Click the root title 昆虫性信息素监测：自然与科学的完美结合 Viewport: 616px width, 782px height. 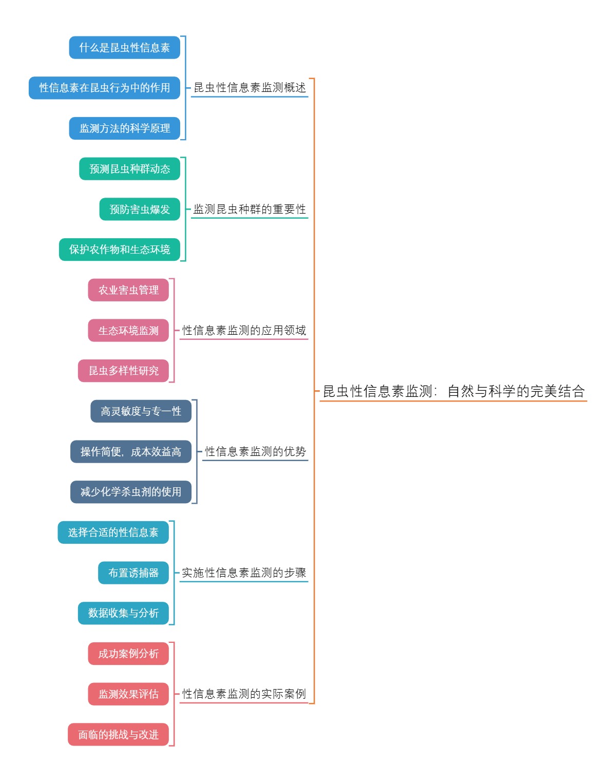click(453, 391)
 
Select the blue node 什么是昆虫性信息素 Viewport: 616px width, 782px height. click(125, 48)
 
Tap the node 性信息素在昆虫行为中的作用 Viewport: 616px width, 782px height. click(105, 88)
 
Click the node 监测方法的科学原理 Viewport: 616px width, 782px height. click(125, 128)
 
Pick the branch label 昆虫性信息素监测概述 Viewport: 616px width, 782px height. click(249, 88)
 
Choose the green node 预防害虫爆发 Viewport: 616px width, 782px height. click(140, 209)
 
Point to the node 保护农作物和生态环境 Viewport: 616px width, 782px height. click(120, 250)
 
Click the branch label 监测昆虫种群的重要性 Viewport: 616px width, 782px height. click(249, 209)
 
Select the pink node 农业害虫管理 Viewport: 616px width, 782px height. click(128, 290)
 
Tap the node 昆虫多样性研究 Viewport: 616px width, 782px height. click(124, 371)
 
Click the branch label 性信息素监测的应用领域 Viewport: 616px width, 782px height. click(244, 331)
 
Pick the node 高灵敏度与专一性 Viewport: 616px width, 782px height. click(141, 411)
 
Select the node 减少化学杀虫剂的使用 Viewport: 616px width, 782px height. click(131, 492)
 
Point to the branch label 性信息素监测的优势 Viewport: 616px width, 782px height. click(255, 452)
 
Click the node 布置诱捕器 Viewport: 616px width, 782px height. click(133, 573)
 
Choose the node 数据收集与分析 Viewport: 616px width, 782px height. click(123, 613)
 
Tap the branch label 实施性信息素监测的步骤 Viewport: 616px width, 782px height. click(244, 573)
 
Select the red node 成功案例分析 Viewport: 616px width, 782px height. click(128, 654)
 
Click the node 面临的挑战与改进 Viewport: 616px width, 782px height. click(119, 735)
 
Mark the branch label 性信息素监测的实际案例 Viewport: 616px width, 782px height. click(244, 694)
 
